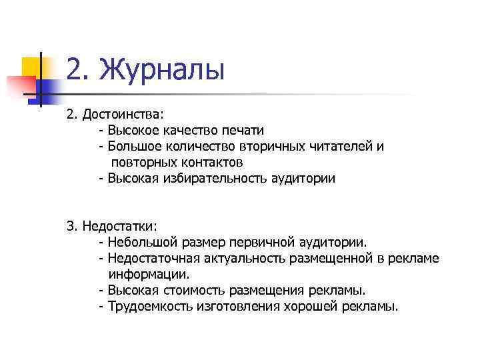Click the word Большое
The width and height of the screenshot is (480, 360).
[x=133, y=146]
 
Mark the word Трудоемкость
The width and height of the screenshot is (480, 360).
[x=148, y=306]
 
